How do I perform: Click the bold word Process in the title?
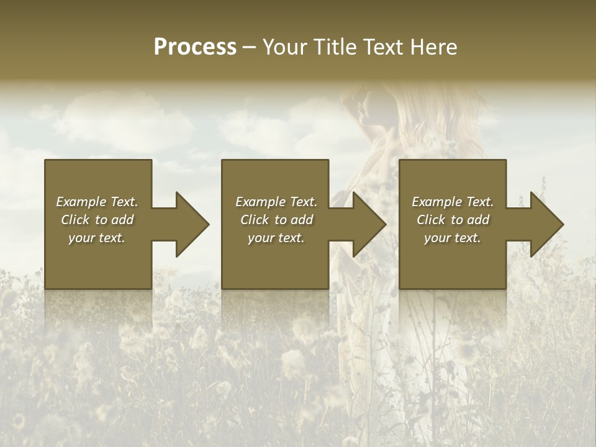pos(195,47)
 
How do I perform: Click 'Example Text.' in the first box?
pos(97,202)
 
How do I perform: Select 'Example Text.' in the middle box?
pos(276,202)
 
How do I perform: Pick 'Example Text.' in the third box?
pos(453,202)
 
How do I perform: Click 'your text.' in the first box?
pos(97,238)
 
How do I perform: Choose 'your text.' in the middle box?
pos(276,238)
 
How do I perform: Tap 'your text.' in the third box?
pos(453,238)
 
